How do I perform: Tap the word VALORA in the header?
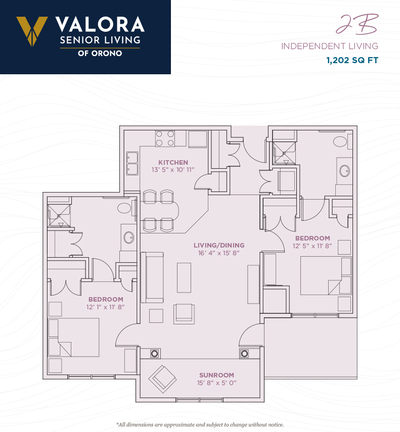coord(100,25)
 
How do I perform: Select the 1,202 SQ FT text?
coord(352,60)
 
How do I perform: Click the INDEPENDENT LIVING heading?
coord(329,46)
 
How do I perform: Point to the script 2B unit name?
coord(358,24)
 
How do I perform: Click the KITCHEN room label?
coord(173,163)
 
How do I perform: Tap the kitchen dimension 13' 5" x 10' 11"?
coord(173,170)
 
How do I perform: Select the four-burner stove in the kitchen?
coord(165,138)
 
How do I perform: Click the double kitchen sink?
coord(132,163)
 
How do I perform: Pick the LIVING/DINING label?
coord(219,245)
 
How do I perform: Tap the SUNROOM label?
coord(216,375)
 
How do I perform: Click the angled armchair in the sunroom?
coord(163,379)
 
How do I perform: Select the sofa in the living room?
coord(152,277)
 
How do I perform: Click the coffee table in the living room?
coord(184,277)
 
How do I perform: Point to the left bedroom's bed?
coord(74,338)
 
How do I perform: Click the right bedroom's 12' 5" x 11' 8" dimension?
coord(312,246)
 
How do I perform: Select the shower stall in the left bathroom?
coord(59,216)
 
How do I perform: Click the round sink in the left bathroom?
coord(129,237)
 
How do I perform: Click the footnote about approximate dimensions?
coord(200,424)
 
